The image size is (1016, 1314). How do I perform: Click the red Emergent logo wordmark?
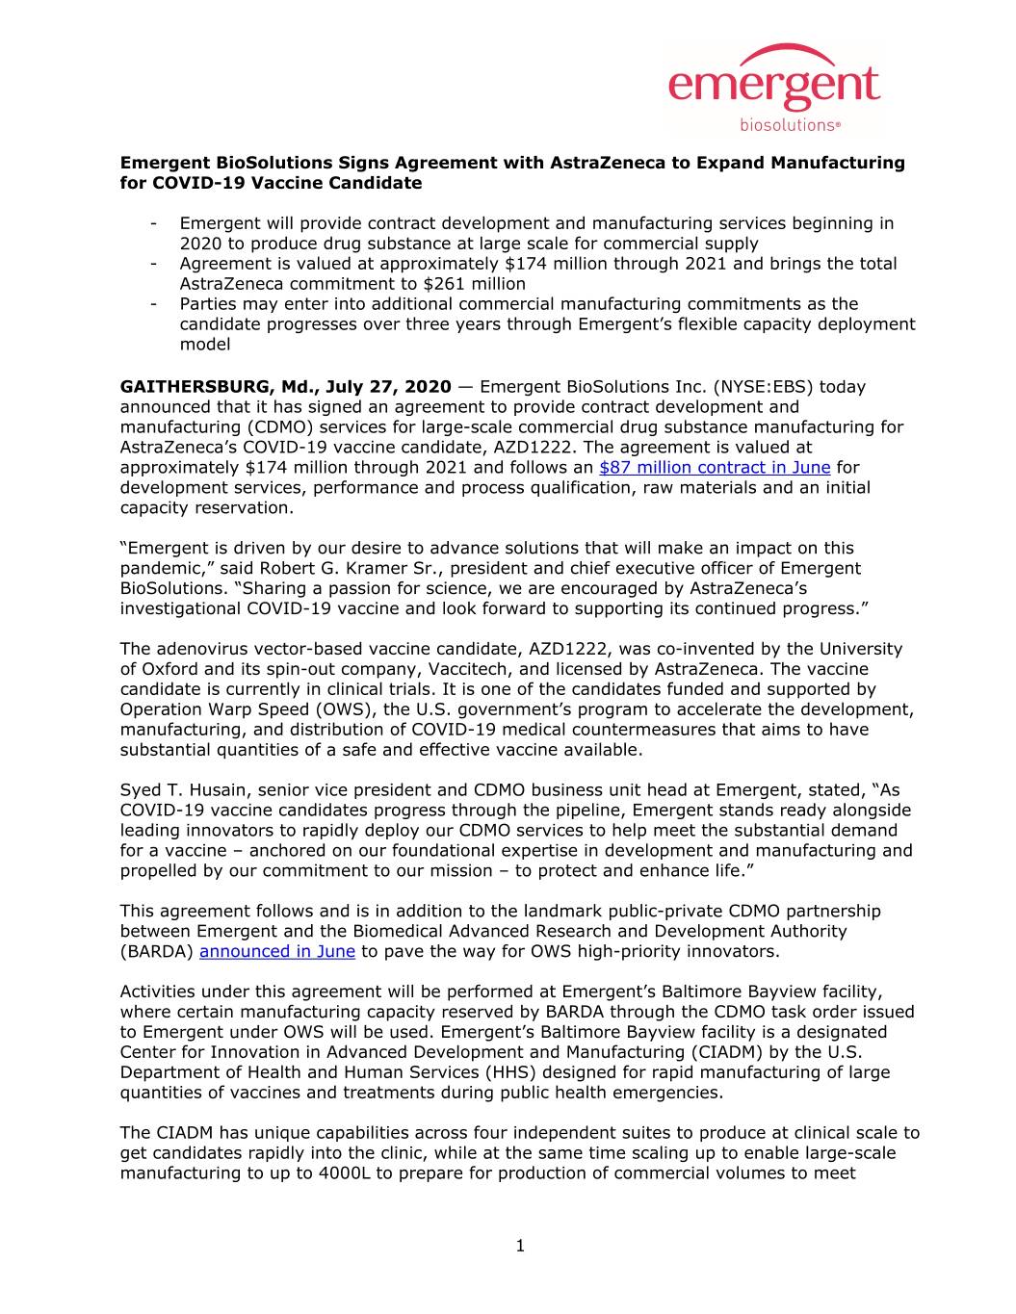(x=773, y=88)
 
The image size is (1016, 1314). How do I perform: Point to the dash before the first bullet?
(x=154, y=224)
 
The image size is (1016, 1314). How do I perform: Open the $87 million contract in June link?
(x=714, y=468)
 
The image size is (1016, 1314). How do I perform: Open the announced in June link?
(x=277, y=952)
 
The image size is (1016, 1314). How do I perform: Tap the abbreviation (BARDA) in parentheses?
(x=157, y=952)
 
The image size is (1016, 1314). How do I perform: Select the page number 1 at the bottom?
(x=520, y=1248)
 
